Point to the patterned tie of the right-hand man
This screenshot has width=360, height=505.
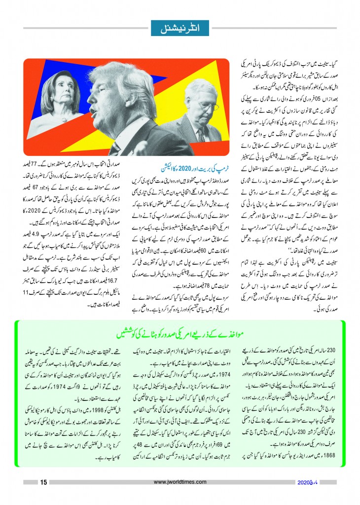click(201, 135)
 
